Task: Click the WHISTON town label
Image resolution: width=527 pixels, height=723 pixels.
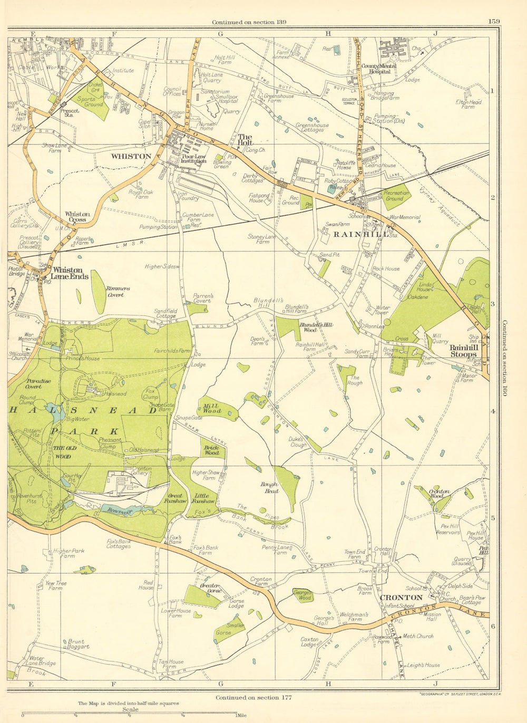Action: (x=131, y=157)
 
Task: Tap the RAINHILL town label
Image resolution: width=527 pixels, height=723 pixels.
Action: (x=361, y=234)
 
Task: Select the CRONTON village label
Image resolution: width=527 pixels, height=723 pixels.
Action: (x=401, y=597)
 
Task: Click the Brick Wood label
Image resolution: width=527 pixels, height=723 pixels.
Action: (x=212, y=450)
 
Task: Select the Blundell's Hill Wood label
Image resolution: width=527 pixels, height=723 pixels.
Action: (x=316, y=327)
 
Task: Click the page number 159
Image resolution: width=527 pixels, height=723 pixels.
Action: (x=494, y=21)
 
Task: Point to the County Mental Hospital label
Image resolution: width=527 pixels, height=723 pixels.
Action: (x=376, y=69)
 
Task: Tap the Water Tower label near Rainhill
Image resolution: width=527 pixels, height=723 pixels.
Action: (x=383, y=310)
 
